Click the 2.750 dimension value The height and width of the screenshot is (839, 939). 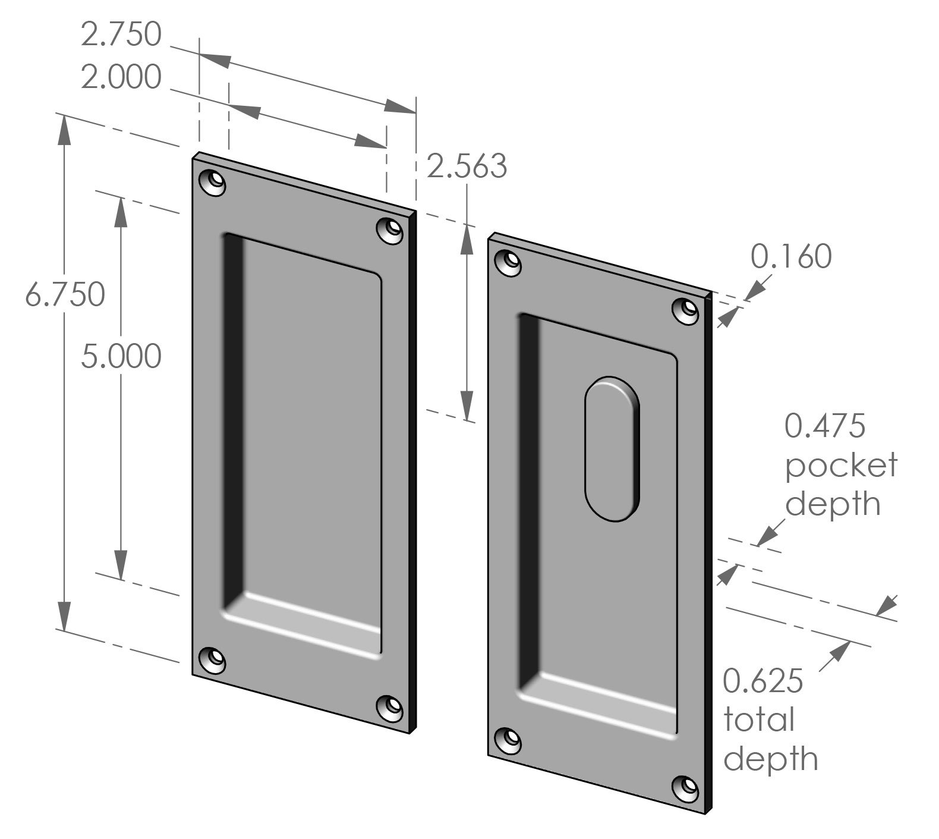121,35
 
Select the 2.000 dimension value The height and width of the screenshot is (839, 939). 121,78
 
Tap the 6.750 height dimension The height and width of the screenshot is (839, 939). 65,295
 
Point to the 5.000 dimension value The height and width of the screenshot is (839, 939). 121,357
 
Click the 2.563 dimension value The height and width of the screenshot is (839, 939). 467,166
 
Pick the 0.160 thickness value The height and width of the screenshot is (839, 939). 791,257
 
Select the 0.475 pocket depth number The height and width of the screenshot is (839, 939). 825,426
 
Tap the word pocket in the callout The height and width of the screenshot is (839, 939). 840,465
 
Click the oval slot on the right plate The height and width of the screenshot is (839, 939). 613,449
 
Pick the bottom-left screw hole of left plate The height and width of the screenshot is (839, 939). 213,659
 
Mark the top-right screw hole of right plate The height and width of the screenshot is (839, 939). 686,310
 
